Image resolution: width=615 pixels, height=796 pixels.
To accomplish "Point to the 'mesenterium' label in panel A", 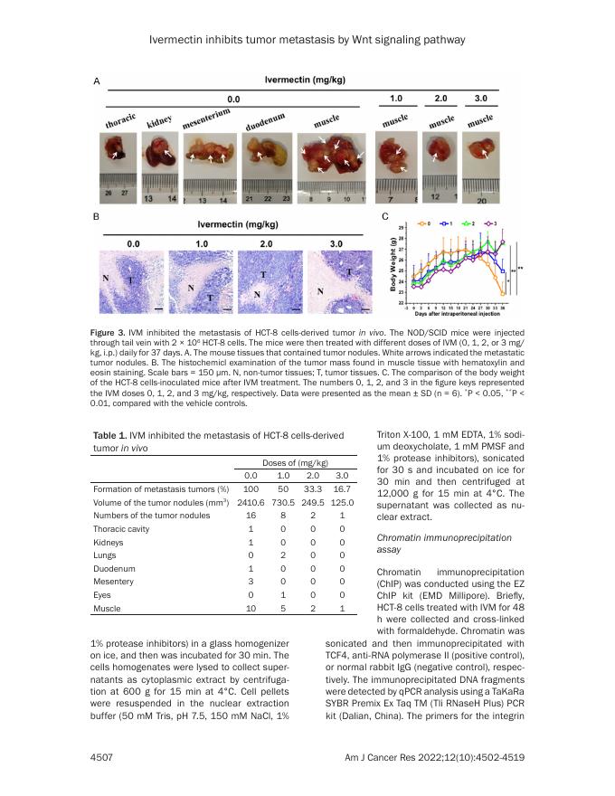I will tap(207, 119).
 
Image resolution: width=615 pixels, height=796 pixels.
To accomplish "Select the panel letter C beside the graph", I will tap(386, 218).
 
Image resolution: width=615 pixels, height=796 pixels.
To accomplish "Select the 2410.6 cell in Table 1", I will tap(250, 502).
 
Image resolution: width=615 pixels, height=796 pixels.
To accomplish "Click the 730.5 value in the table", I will tap(283, 502).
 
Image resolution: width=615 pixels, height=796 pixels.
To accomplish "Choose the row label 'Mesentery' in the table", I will tap(114, 583).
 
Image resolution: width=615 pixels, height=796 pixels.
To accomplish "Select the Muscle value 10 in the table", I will tap(251, 611).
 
